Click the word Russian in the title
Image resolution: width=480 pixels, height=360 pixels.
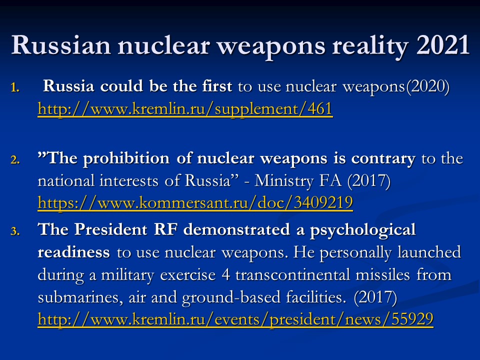[60, 45]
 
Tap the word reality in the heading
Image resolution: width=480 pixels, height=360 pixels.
[370, 46]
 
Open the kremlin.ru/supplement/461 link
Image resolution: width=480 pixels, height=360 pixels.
[185, 109]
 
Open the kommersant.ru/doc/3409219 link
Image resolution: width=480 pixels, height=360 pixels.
[195, 202]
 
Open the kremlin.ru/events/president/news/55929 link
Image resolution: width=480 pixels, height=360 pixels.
[235, 319]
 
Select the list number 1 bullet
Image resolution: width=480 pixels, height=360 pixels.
[15, 87]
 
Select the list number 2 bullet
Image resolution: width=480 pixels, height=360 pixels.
[15, 159]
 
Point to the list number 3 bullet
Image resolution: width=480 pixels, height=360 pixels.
[15, 231]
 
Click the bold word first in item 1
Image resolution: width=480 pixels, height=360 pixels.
[216, 86]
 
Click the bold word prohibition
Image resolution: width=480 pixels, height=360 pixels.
[126, 159]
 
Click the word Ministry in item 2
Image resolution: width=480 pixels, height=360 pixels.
[284, 181]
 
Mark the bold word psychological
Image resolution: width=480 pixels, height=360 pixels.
[363, 231]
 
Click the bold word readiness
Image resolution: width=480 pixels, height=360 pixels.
[73, 252]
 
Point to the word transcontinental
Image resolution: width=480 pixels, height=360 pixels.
[292, 274]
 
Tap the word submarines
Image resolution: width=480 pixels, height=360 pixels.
[80, 297]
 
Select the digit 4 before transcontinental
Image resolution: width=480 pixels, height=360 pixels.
[226, 274]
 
